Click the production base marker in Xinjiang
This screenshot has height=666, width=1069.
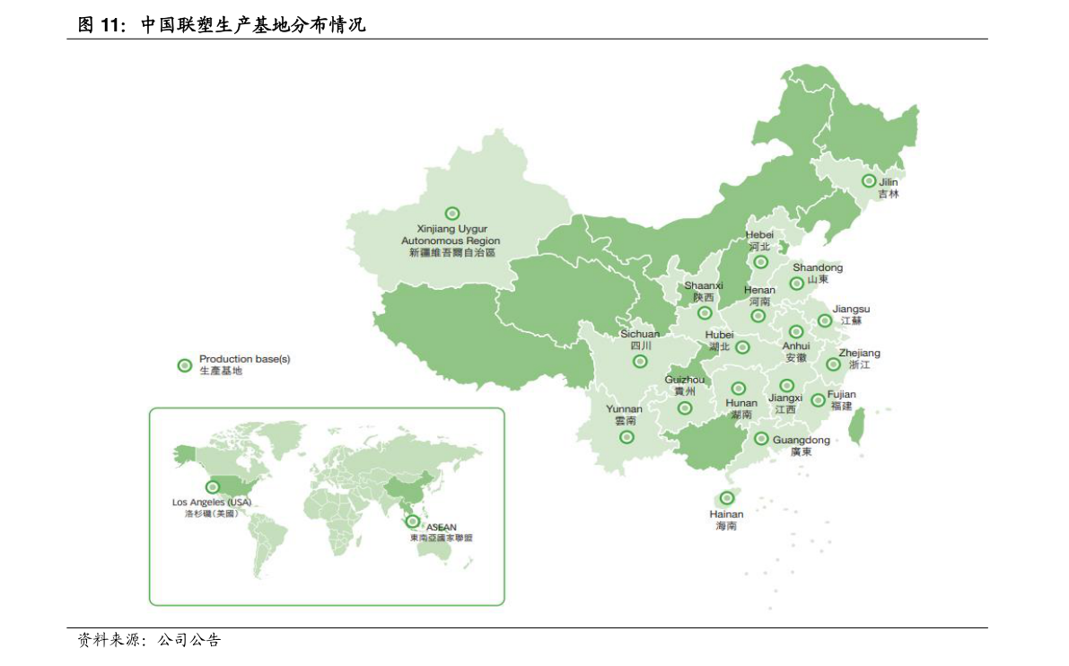click(452, 214)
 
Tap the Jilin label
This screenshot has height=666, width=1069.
click(888, 188)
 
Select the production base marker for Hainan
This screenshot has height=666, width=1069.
click(727, 498)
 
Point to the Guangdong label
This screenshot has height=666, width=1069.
click(801, 445)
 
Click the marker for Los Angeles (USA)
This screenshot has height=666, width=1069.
click(213, 486)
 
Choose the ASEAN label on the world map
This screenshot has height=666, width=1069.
click(441, 532)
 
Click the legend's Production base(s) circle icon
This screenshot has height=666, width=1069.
click(185, 364)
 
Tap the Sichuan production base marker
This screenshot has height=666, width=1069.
click(640, 362)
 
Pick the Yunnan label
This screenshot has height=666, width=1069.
click(625, 415)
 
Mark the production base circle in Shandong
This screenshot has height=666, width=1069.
click(796, 284)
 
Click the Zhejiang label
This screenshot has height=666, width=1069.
click(859, 359)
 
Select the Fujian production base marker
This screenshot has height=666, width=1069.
click(818, 400)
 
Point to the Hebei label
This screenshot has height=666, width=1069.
click(759, 241)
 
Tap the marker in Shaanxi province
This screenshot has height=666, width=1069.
click(705, 313)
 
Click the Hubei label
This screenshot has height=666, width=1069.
click(719, 340)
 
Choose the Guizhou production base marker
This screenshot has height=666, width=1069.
click(685, 408)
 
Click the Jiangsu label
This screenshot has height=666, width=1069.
click(851, 315)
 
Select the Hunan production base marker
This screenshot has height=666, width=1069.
click(739, 389)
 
